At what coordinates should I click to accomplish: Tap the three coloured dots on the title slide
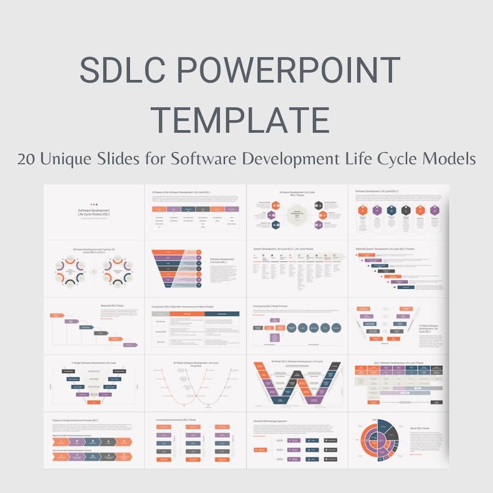click(94, 204)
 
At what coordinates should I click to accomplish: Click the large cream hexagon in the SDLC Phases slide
click(297, 215)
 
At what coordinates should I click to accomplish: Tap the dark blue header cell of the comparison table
click(220, 314)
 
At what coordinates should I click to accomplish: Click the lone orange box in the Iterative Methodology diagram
click(261, 448)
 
